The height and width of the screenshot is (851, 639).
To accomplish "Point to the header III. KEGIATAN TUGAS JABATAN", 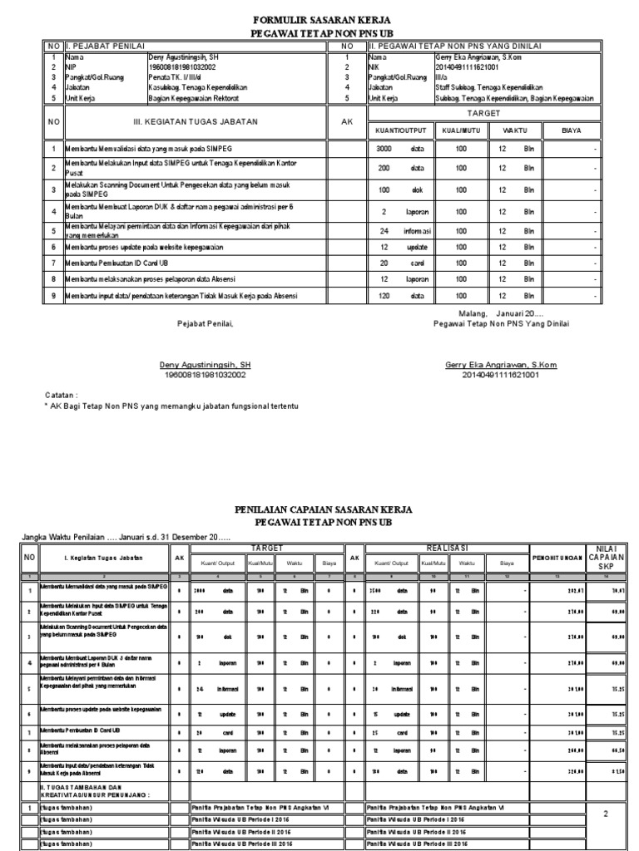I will [196, 121].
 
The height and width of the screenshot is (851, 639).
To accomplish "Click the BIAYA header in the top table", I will [570, 130].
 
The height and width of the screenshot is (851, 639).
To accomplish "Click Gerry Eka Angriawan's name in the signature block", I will [501, 365].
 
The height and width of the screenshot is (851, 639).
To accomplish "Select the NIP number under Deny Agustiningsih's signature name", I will [205, 375].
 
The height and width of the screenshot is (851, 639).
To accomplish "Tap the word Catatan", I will [61, 396].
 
